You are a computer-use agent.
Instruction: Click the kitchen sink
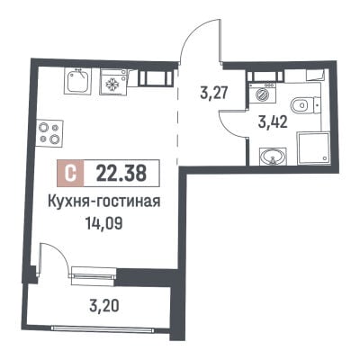[x=78, y=81]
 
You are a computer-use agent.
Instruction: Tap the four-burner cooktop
[x=49, y=133]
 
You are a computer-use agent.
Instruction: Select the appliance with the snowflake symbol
[x=113, y=83]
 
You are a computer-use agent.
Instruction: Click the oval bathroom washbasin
[x=273, y=157]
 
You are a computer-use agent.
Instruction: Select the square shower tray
[x=313, y=148]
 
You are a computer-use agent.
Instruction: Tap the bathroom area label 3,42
[x=273, y=122]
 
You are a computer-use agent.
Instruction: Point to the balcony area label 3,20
[x=104, y=306]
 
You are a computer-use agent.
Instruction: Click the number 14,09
[x=104, y=223]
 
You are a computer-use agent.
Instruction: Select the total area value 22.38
[x=121, y=173]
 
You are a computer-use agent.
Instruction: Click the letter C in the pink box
[x=71, y=173]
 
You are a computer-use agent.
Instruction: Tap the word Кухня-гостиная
[x=103, y=202]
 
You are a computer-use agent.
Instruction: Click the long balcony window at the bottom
[x=103, y=328]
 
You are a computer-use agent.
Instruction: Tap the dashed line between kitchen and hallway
[x=177, y=116]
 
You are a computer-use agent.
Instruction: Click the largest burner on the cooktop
[x=54, y=139]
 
